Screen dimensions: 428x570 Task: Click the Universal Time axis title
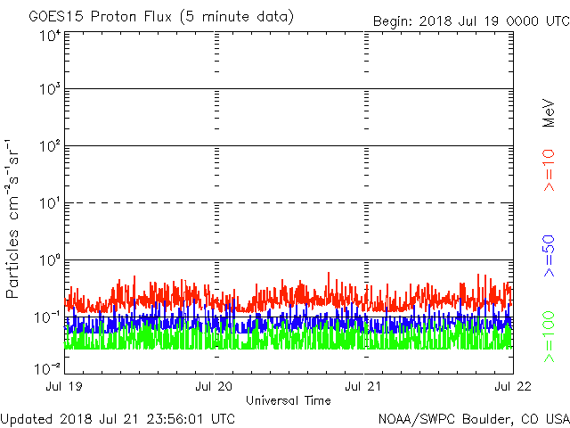289,400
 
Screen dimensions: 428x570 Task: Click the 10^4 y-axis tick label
50,36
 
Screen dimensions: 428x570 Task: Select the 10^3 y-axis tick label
50,91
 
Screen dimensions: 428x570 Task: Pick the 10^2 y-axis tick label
50,147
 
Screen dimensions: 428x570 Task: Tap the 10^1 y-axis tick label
50,204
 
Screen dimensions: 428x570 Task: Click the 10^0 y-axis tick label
50,260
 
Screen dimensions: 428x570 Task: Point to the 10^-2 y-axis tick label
48,367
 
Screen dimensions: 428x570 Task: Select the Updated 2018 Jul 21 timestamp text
118,417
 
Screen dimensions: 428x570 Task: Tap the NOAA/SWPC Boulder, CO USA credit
473,417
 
